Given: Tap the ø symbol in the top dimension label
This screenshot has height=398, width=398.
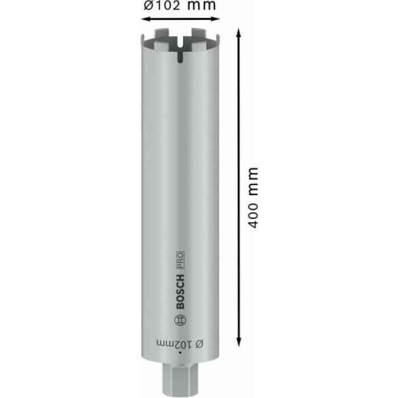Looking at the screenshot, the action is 148,5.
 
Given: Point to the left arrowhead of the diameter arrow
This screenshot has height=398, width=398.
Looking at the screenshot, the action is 146,19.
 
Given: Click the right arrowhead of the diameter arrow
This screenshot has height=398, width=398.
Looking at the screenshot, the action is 215,19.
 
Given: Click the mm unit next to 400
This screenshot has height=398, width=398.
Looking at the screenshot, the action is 253,181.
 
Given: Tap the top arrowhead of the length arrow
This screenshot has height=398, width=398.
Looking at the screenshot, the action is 239,33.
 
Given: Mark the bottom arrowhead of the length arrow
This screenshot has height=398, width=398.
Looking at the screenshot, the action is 239,342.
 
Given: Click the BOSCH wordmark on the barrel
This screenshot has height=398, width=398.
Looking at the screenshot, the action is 180,291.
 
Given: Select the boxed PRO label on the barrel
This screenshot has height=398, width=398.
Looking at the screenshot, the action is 180,260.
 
